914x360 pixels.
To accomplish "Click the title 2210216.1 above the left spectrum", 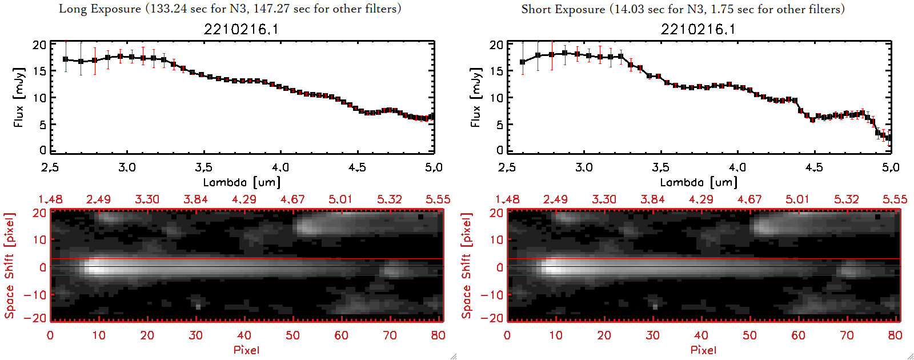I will (x=241, y=29).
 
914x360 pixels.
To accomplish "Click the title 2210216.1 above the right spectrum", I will (x=698, y=29).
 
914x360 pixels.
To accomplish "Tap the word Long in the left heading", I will (x=73, y=9).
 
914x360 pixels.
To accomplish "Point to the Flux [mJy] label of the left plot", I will (x=19, y=97).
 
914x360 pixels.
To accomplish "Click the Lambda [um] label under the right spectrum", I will (x=699, y=182).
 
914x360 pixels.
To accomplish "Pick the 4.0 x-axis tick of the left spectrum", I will (x=280, y=167).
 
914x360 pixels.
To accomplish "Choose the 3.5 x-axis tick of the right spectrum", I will (x=660, y=167).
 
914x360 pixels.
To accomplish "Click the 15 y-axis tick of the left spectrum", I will (x=39, y=71).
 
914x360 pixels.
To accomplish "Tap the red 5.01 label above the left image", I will (x=340, y=199).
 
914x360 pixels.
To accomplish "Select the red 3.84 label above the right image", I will (x=652, y=199).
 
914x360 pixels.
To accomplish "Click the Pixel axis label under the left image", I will (x=246, y=350).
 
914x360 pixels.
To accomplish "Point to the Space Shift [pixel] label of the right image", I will (x=467, y=266).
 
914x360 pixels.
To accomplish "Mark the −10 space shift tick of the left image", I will (x=35, y=295).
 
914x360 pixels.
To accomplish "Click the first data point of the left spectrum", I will (x=66, y=59).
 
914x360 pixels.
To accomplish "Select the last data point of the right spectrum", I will (x=889, y=138).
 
